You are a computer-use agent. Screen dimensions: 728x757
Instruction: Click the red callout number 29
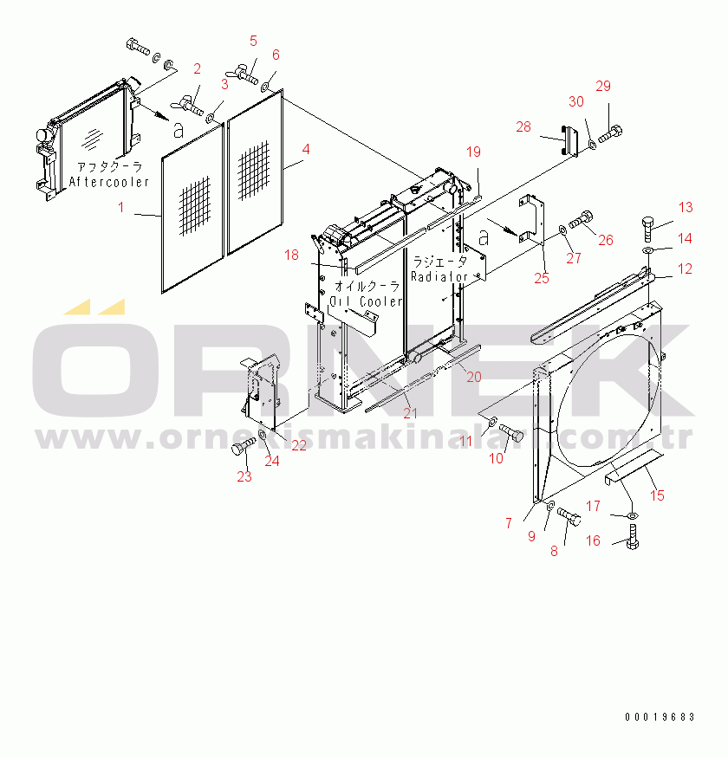pos(603,86)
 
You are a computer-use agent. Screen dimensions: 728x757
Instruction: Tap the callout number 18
pos(291,255)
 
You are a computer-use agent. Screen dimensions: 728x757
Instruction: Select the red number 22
pos(299,445)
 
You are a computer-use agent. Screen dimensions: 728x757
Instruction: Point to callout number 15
pos(657,495)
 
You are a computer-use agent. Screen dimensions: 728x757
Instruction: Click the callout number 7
pos(509,523)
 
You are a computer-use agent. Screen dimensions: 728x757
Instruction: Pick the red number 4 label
pos(306,149)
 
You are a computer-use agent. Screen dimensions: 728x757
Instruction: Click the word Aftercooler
pos(109,182)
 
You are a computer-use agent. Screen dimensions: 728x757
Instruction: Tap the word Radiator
pos(439,276)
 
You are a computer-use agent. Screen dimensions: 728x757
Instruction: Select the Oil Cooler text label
pos(366,301)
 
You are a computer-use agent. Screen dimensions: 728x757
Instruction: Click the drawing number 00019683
pos(660,717)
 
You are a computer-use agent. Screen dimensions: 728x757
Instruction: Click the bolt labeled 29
pos(610,134)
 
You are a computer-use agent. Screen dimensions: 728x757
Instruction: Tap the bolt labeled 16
pos(634,536)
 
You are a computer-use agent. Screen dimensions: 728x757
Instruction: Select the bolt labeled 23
pos(243,446)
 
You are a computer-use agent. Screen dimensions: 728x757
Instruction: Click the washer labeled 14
pos(647,249)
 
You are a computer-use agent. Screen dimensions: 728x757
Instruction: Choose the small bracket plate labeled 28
pos(570,140)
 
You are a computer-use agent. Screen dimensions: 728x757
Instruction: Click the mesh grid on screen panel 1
pos(195,205)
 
